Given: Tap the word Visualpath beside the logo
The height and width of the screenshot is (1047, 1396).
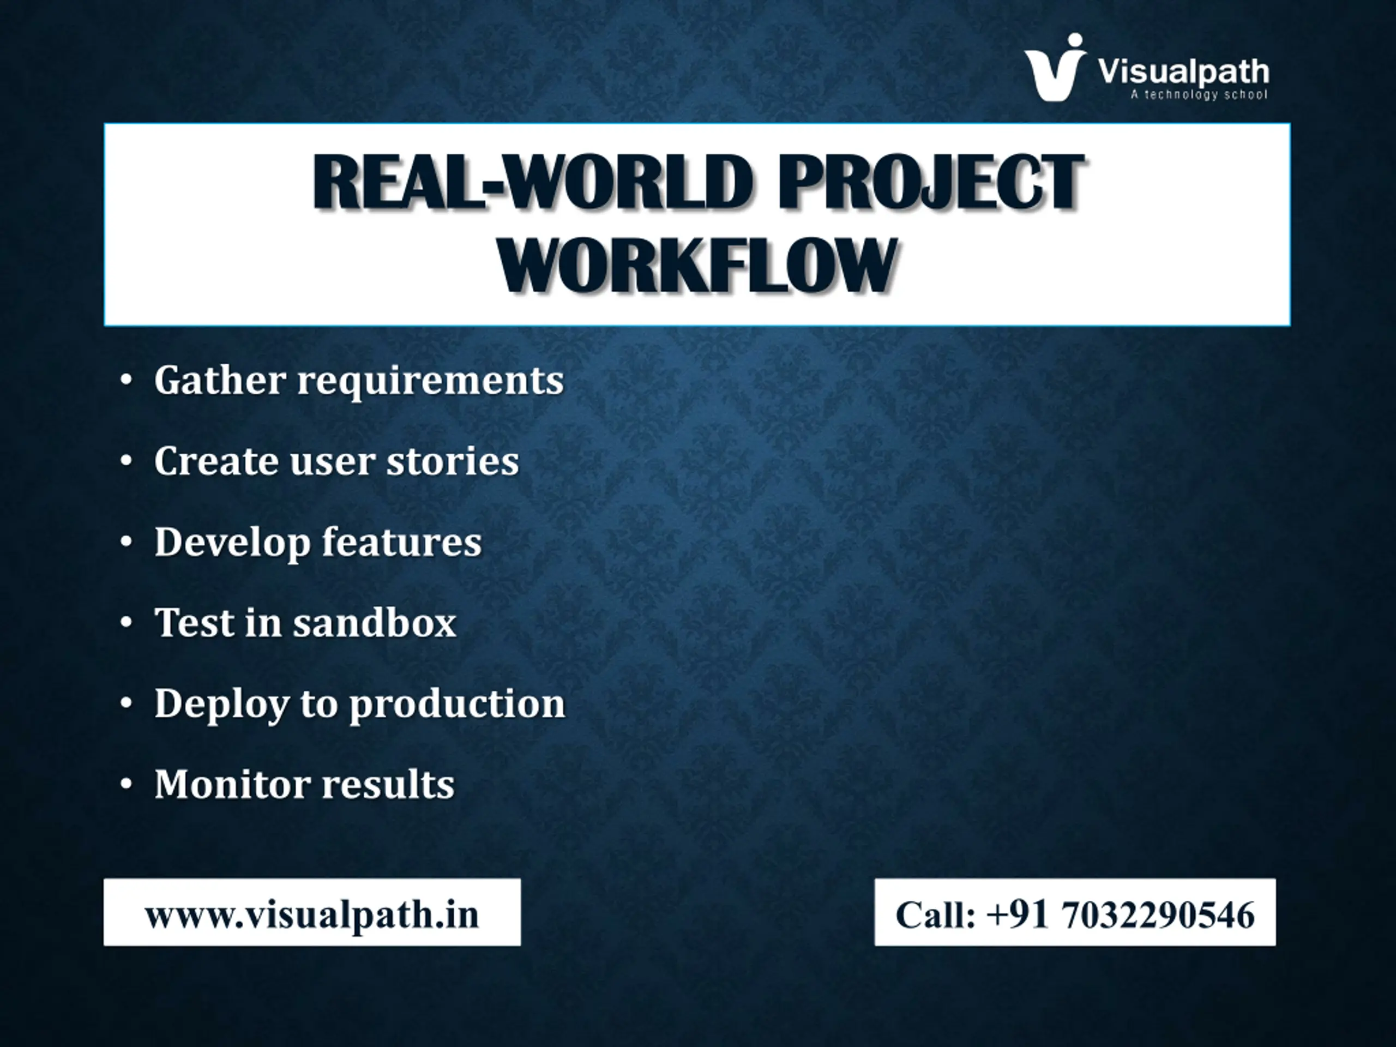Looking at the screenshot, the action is pyautogui.click(x=1183, y=72).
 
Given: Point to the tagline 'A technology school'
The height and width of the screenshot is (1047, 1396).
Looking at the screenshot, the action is pyautogui.click(x=1199, y=95).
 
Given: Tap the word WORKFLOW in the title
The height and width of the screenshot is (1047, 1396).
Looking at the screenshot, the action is pyautogui.click(x=697, y=266).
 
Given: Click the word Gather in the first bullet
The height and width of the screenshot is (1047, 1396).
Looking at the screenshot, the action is pyautogui.click(x=220, y=380).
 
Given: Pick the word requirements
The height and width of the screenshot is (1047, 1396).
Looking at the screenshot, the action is pyautogui.click(x=430, y=381).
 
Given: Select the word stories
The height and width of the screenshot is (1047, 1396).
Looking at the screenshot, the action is pyautogui.click(x=453, y=461).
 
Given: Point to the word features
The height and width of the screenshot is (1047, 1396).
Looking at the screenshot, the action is pyautogui.click(x=402, y=541).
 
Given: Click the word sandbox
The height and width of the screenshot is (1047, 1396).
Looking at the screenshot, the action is pyautogui.click(x=374, y=622).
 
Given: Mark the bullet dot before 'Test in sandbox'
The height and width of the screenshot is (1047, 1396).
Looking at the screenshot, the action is pyautogui.click(x=126, y=623).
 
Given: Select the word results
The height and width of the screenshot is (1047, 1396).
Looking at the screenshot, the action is pyautogui.click(x=389, y=784).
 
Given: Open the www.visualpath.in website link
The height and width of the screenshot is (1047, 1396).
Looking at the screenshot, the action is pyautogui.click(x=312, y=915).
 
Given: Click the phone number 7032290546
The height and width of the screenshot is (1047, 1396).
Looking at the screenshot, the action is pyautogui.click(x=1158, y=914).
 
